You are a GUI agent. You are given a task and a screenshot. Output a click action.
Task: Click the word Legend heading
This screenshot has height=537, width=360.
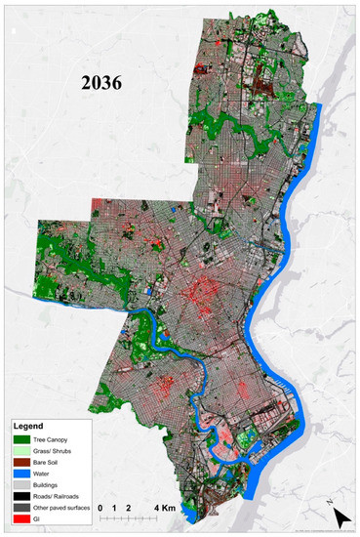[x=28, y=427]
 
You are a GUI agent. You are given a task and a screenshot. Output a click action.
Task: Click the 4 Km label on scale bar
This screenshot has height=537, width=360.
[x=164, y=508]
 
